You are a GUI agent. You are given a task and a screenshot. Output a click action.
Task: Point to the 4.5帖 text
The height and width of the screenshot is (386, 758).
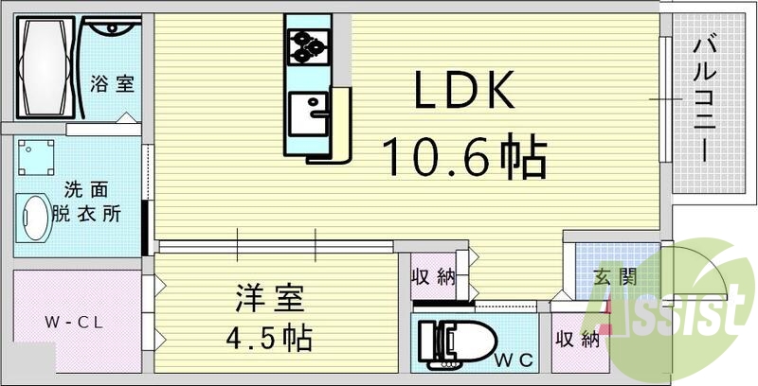tap(270, 336)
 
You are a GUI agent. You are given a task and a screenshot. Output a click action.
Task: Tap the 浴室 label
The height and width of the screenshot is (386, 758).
tap(112, 83)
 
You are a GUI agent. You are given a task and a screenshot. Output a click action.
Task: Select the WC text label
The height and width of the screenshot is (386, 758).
tap(517, 359)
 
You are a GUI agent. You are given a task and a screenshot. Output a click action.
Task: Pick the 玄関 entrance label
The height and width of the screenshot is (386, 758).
tap(614, 278)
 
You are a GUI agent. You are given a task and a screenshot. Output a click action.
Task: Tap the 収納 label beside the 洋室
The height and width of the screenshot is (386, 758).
tap(433, 277)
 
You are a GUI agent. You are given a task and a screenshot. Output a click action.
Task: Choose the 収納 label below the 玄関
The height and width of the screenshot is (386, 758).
tap(577, 339)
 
